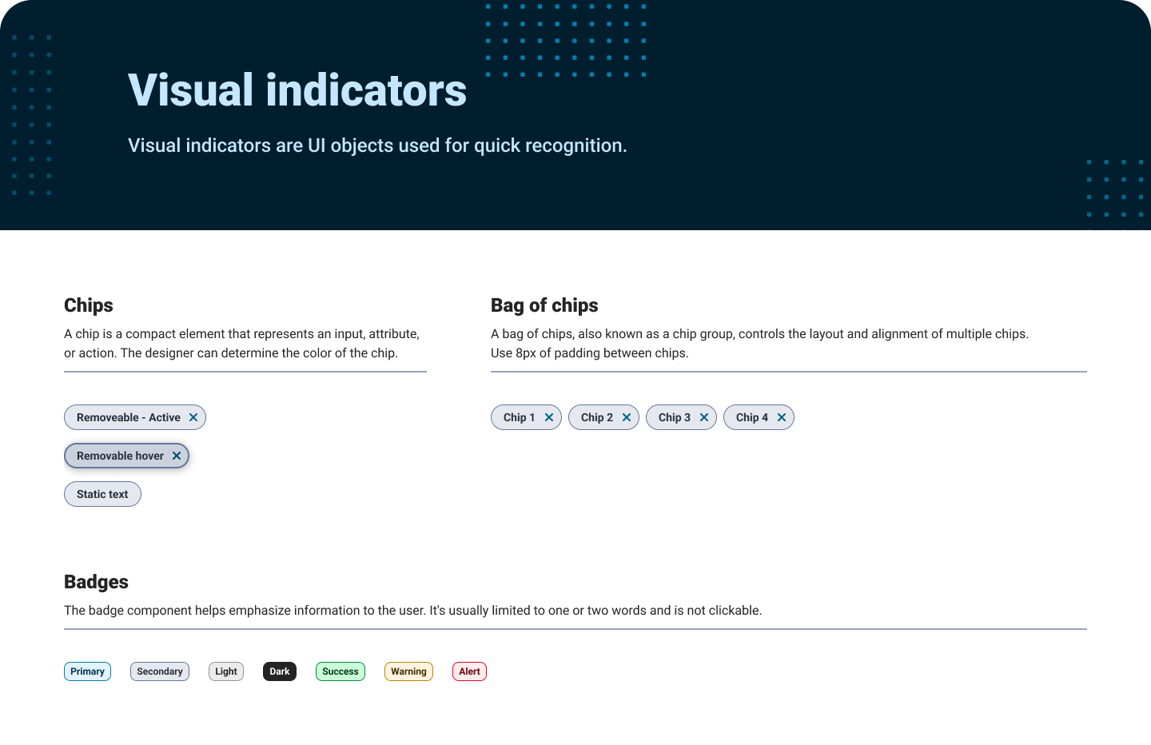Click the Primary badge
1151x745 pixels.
87,671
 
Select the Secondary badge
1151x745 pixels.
160,671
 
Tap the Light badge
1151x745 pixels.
226,671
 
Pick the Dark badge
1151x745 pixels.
280,671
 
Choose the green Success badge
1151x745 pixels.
341,671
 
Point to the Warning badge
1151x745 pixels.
408,671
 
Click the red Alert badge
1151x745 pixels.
469,671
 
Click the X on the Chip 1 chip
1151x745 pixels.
549,417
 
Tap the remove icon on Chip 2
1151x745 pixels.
627,417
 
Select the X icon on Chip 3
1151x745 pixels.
704,417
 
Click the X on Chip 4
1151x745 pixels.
782,417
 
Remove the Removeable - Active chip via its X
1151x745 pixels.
193,417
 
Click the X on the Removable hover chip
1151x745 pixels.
176,456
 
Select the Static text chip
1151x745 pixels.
102,494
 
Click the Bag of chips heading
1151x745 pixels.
544,305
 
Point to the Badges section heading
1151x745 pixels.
96,582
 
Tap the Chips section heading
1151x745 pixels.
89,305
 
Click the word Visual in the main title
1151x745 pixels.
190,90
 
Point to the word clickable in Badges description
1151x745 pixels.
734,611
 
